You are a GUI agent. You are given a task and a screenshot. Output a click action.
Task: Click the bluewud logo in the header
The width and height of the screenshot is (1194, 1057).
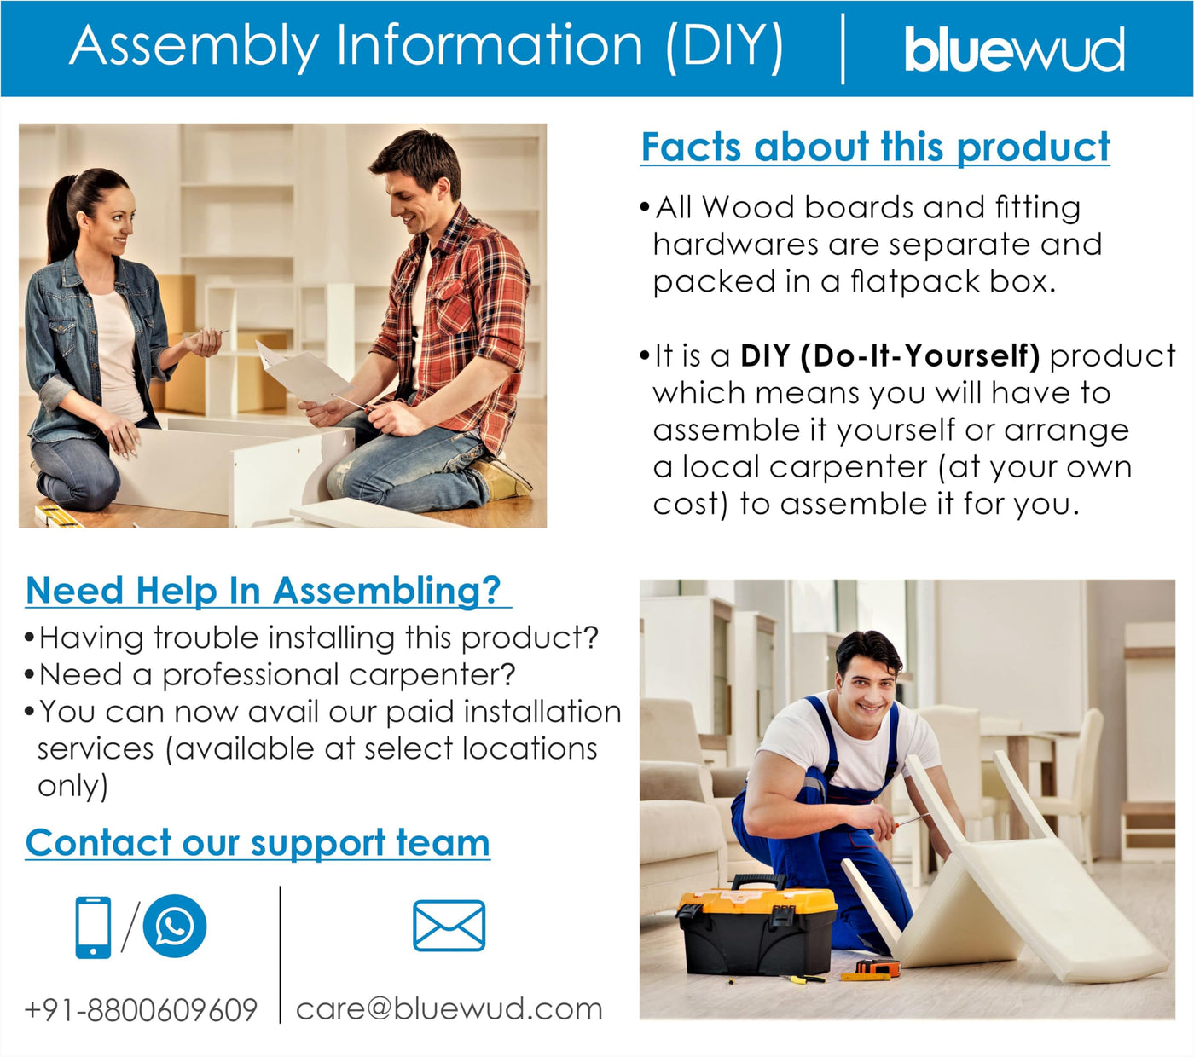(1014, 49)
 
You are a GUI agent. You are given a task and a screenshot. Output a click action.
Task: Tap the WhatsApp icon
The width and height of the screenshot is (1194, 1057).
(175, 926)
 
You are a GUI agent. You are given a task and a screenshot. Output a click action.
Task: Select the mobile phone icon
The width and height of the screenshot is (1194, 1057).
(93, 927)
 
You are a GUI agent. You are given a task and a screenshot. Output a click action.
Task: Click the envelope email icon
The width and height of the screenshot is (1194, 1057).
(449, 926)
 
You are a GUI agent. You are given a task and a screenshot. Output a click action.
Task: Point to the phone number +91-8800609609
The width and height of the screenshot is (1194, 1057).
(141, 1010)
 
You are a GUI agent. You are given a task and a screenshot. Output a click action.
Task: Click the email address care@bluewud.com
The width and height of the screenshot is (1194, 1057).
(449, 1009)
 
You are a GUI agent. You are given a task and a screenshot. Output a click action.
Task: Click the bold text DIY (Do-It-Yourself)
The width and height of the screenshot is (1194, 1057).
(890, 355)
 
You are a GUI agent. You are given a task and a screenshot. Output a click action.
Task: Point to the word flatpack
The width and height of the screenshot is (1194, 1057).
(914, 281)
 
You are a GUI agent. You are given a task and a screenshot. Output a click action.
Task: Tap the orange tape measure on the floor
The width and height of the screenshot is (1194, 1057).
(878, 967)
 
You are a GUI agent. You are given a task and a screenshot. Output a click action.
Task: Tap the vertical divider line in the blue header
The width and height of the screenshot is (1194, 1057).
(843, 49)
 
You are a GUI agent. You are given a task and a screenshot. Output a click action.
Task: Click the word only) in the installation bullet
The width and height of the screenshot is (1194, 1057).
(72, 787)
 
